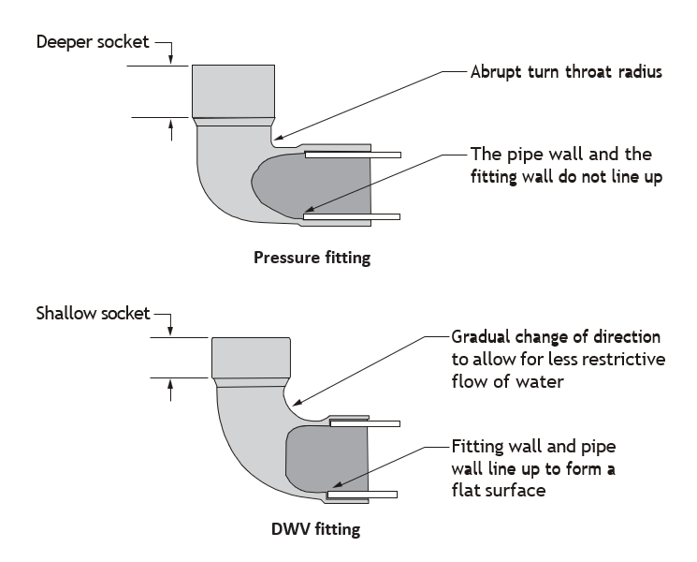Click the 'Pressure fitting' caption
click(312, 258)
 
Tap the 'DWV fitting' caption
click(315, 529)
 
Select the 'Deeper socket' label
click(93, 42)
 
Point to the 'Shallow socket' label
click(93, 313)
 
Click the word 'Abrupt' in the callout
click(496, 72)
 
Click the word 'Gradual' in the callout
click(481, 337)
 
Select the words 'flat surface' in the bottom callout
click(499, 490)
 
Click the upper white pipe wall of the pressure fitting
click(353, 155)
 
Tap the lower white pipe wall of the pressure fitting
click(352, 216)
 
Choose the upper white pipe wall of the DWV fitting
click(365, 423)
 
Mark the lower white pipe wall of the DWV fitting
click(362, 495)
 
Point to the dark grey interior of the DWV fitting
click(327, 458)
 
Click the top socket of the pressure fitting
click(233, 91)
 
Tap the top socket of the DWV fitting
click(251, 358)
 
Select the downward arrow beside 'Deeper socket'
click(170, 53)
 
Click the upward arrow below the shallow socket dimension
click(170, 391)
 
